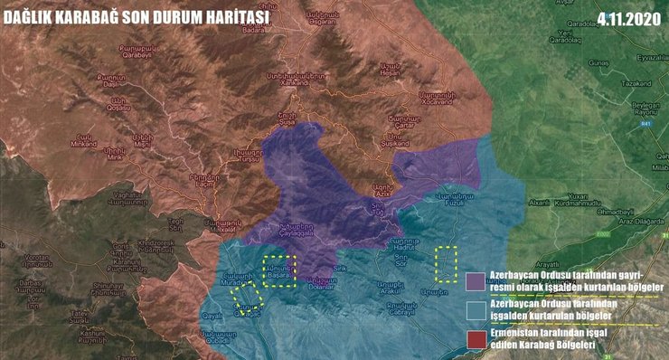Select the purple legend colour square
pyautogui.click(x=475, y=281)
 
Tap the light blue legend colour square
pyautogui.click(x=475, y=309)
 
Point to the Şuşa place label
pyautogui.click(x=287, y=119)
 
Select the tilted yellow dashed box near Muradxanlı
pyautogui.click(x=246, y=296)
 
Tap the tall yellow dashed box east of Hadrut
pyautogui.click(x=446, y=264)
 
